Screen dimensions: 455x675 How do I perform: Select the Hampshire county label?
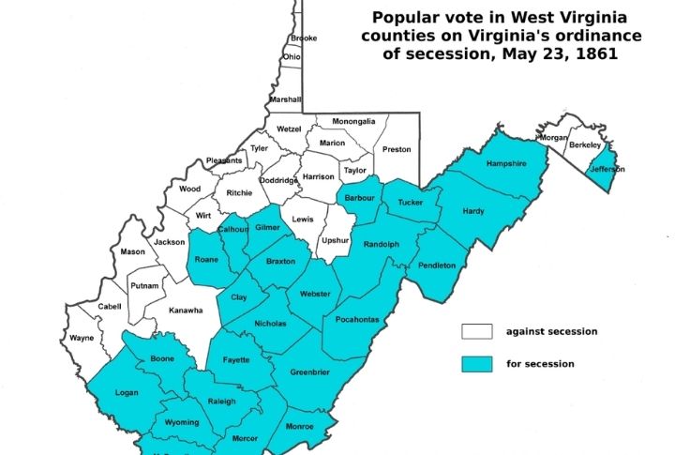pyautogui.click(x=505, y=163)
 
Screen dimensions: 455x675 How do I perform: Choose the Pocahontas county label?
pyautogui.click(x=356, y=320)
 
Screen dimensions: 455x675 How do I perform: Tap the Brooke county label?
pyautogui.click(x=304, y=38)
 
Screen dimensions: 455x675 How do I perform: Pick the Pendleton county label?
pyautogui.click(x=436, y=265)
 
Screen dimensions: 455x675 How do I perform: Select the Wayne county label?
pyautogui.click(x=81, y=338)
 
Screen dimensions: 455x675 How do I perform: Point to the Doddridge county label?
pyautogui.click(x=279, y=180)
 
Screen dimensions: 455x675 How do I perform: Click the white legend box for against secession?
pyautogui.click(x=476, y=331)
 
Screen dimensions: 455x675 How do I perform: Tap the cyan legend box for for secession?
pyautogui.click(x=476, y=363)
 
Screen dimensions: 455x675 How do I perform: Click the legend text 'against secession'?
pyautogui.click(x=551, y=331)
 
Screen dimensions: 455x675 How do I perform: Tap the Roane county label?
pyautogui.click(x=206, y=259)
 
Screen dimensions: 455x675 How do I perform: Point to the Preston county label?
pyautogui.click(x=397, y=149)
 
